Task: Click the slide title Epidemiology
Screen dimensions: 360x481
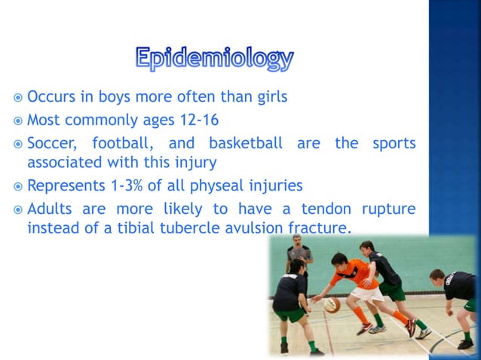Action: pos(215,59)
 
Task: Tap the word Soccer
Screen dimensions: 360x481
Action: pos(54,143)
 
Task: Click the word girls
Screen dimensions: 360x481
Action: pos(269,98)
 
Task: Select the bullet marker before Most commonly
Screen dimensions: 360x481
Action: pos(17,120)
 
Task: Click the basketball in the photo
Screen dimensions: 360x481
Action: pos(332,304)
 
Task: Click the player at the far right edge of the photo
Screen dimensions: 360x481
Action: pos(458,297)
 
